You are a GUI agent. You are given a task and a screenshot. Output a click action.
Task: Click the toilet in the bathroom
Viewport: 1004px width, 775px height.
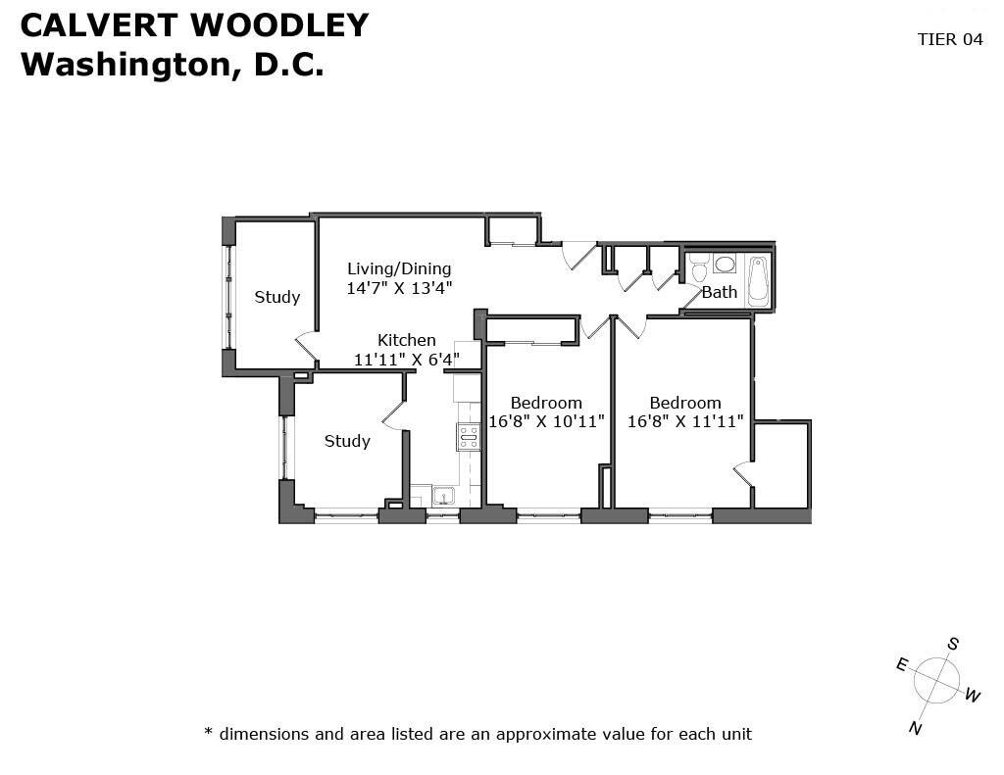point(698,267)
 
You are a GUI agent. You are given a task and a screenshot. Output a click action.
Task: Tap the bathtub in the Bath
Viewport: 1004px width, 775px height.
point(758,281)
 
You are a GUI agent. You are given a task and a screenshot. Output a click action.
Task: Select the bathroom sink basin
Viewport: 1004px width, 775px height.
point(725,264)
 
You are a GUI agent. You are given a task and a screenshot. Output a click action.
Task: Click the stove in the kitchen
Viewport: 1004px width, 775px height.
point(468,437)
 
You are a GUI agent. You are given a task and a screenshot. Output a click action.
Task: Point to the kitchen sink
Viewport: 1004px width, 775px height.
point(442,496)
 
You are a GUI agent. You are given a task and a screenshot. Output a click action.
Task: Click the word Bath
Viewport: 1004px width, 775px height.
point(720,293)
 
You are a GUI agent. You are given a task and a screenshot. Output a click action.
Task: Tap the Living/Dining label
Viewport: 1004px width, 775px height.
point(399,268)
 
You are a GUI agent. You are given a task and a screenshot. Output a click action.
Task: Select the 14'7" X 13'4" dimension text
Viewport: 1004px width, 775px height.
point(399,288)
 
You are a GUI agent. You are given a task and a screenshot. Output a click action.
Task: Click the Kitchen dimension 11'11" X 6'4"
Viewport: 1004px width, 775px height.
point(407,360)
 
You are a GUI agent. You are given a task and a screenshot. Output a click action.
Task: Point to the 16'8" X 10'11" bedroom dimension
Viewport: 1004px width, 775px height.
point(547,421)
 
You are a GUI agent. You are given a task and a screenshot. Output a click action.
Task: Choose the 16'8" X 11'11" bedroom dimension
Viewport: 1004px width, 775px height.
point(685,421)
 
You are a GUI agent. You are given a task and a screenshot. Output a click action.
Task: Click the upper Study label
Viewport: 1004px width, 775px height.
point(277,297)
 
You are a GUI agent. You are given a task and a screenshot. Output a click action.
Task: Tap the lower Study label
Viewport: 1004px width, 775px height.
point(347,441)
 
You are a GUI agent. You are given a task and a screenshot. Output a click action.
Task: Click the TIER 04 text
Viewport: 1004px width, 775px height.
point(950,39)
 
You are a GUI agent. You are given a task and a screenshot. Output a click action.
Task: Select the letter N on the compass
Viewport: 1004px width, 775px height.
point(915,728)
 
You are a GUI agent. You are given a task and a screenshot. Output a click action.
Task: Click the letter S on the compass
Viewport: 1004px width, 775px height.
point(953,644)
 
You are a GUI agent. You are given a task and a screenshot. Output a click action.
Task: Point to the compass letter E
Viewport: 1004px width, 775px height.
point(902,665)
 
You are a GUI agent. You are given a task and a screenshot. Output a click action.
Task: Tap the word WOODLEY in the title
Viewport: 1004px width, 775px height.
point(280,25)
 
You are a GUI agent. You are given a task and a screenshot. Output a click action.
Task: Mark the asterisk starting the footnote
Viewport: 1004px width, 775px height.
point(208,730)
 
